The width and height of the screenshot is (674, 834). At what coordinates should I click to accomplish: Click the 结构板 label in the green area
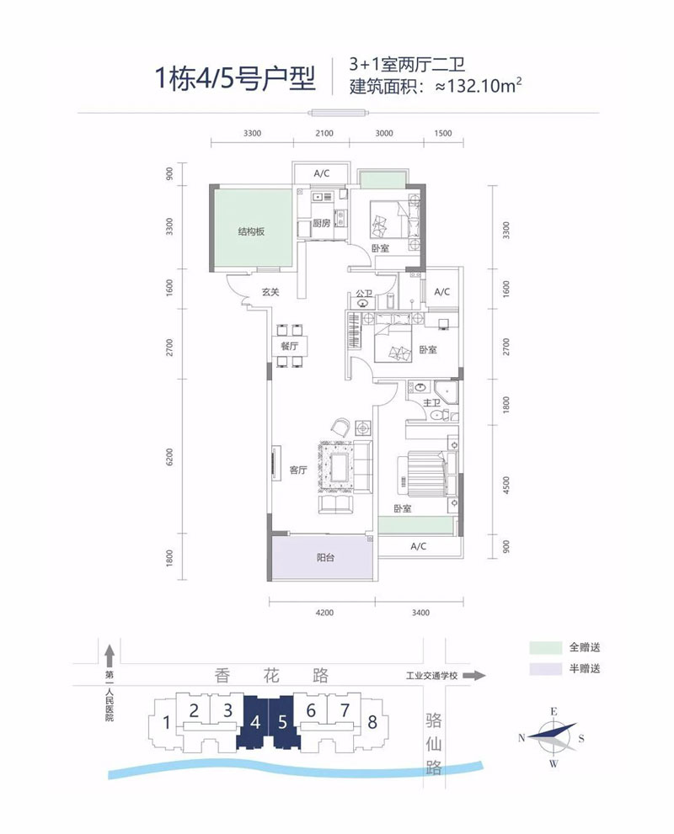click(251, 231)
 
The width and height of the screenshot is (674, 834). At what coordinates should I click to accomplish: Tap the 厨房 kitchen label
click(320, 224)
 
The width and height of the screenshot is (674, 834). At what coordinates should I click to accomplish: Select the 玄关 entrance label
click(270, 293)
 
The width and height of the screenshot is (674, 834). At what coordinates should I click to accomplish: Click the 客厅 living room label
click(297, 471)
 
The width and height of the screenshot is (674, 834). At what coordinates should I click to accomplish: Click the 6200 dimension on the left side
click(170, 457)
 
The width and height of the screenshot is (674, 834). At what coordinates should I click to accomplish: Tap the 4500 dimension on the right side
click(505, 488)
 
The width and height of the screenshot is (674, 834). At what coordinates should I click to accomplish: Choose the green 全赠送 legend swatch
click(545, 648)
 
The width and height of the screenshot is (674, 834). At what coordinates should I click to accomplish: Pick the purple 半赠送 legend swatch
click(545, 669)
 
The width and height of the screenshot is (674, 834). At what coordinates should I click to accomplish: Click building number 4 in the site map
click(254, 722)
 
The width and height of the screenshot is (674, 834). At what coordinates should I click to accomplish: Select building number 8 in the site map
click(372, 722)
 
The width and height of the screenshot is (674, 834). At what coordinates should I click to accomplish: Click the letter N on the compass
click(523, 738)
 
